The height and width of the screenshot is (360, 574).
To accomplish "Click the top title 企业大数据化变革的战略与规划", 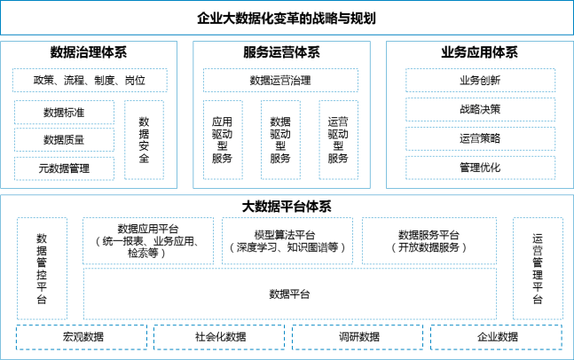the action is tap(287, 19).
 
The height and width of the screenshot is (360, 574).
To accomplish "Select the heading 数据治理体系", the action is tap(89, 52).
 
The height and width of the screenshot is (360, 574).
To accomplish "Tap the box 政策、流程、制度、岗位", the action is tap(90, 80).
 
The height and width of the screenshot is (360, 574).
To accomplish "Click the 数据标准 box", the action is tap(64, 113).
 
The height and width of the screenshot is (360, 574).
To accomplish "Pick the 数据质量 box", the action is tap(64, 139).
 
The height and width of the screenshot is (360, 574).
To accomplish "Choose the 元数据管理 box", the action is tap(64, 168).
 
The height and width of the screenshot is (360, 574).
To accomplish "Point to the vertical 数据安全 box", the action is tap(144, 140).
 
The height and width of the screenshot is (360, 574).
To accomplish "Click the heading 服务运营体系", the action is tap(281, 52).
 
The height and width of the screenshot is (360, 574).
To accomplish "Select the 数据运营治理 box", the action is tap(280, 80).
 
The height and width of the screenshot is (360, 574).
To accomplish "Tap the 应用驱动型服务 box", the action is tap(223, 140).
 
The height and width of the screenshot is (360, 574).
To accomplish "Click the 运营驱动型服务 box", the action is tap(338, 140).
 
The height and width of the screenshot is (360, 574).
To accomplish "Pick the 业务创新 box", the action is tap(480, 80).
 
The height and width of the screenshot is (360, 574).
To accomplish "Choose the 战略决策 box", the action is tap(480, 109).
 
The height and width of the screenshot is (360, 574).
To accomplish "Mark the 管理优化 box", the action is tap(480, 168).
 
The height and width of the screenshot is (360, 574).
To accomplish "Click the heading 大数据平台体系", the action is tap(287, 207).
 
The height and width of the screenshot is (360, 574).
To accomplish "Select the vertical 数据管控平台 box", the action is tap(42, 269).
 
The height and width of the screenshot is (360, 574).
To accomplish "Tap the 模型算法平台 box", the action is tap(287, 240).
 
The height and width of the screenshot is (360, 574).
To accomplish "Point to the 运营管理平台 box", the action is tap(538, 269).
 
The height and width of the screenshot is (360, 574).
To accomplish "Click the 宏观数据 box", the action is tap(82, 337).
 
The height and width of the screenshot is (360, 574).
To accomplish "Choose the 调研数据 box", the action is tap(358, 337).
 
